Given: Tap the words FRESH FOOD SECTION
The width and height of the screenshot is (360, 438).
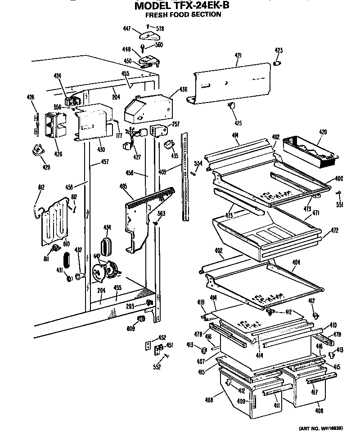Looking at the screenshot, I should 183,14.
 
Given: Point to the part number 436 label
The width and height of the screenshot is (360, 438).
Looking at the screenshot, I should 183,89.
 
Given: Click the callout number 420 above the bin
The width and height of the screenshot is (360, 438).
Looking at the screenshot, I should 323,132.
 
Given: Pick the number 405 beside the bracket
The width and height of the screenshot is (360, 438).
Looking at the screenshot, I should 123,185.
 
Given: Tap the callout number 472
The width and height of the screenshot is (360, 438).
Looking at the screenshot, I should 335,230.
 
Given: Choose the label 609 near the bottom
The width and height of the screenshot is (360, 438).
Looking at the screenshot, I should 131,329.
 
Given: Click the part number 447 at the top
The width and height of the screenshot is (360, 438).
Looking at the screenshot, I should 127,29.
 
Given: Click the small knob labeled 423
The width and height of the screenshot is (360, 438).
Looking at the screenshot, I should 277,63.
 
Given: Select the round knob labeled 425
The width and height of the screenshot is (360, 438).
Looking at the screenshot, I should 232,106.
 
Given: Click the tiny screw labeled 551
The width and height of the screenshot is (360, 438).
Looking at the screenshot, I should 339,193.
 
